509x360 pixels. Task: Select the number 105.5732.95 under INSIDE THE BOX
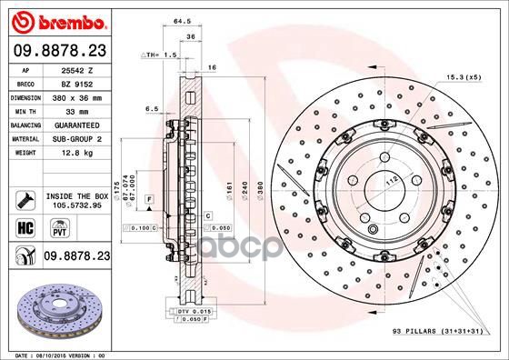tap(75, 205)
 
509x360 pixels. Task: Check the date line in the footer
tap(57, 354)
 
